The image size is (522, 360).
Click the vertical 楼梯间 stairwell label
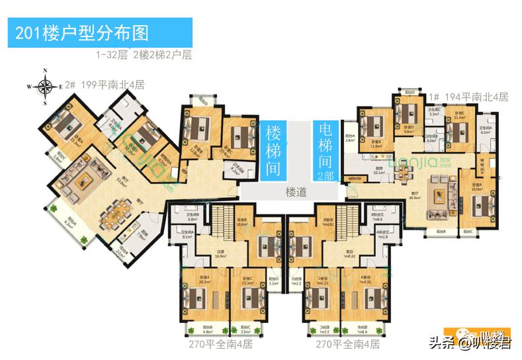(x=273, y=149)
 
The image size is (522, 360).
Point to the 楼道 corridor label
(x=296, y=193)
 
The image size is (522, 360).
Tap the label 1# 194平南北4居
(x=467, y=97)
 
